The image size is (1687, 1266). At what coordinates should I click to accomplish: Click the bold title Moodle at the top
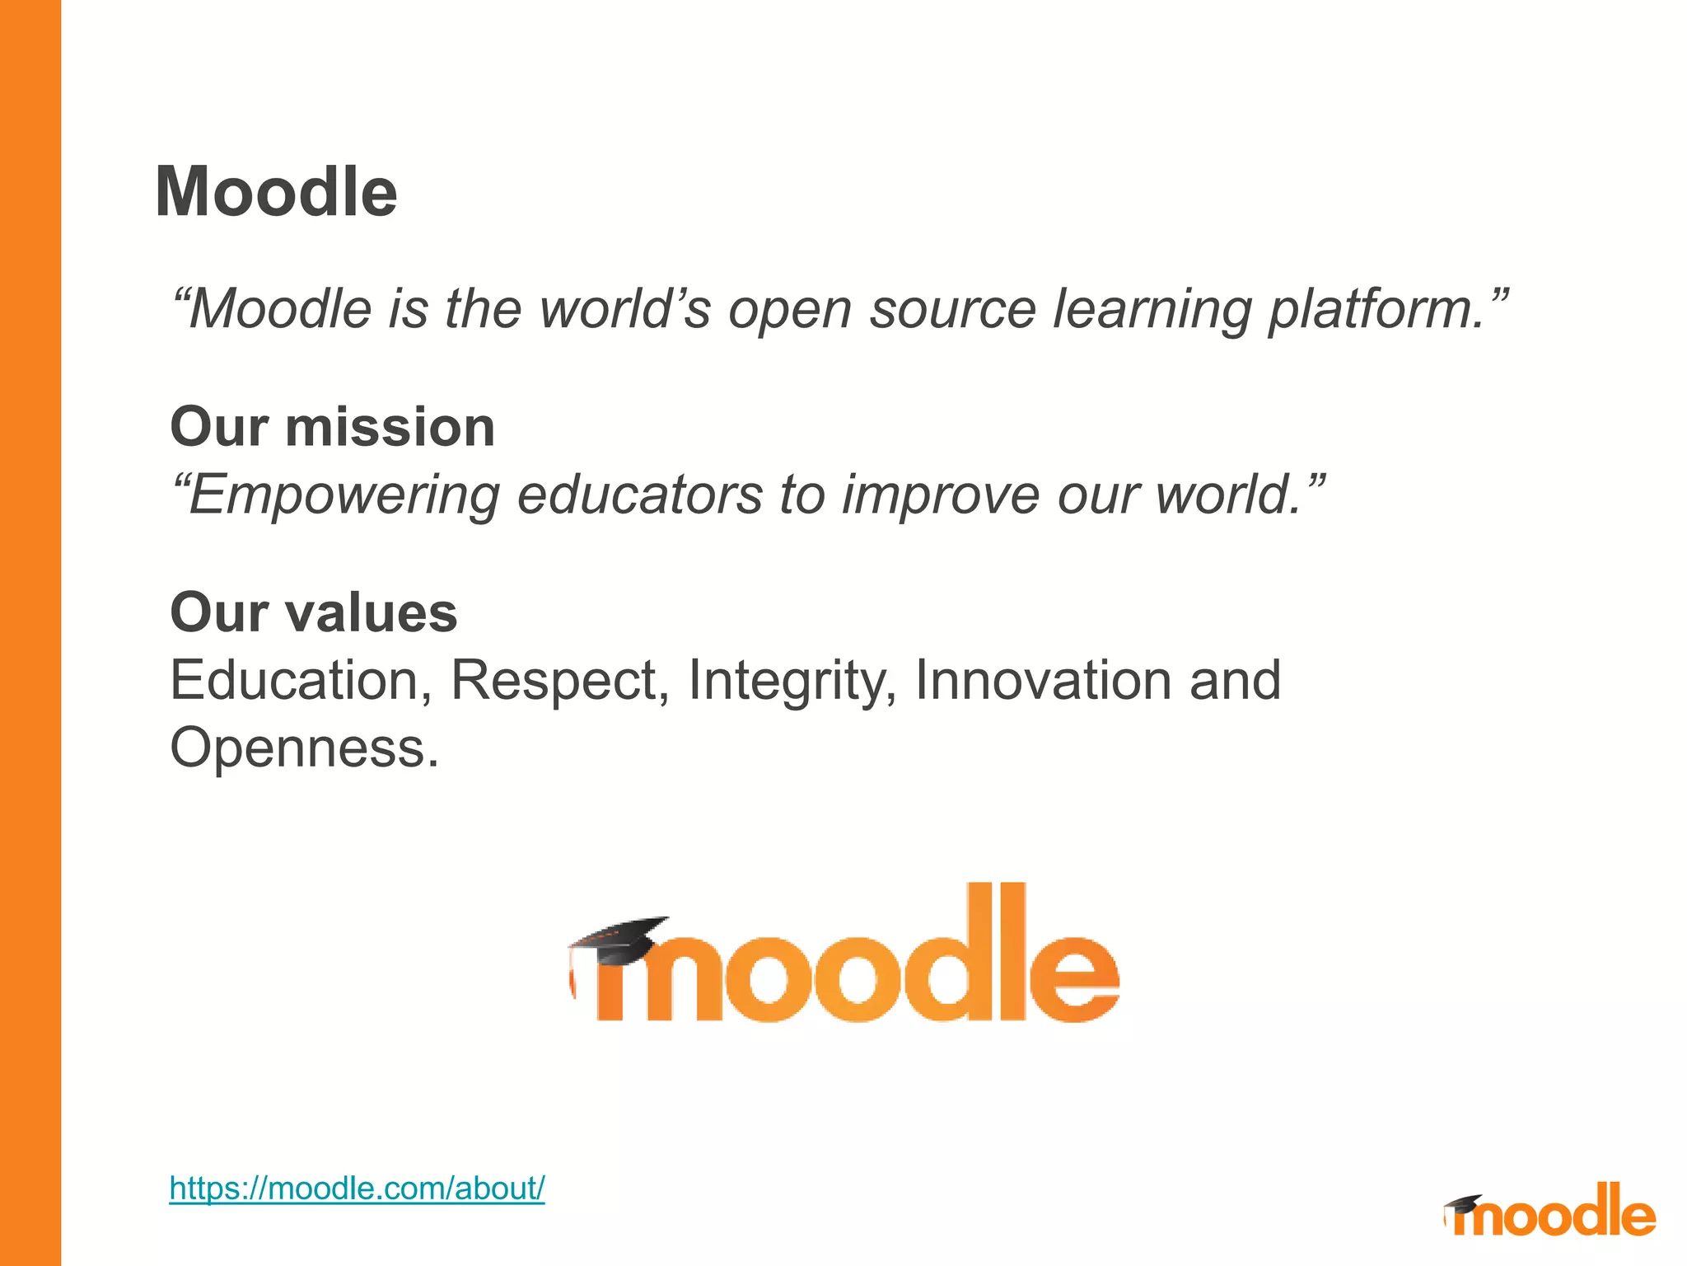click(x=276, y=192)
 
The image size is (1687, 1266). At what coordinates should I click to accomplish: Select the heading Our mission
click(x=332, y=427)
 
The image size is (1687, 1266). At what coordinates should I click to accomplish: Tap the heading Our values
click(x=313, y=612)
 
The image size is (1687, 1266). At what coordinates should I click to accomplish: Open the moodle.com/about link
click(x=357, y=1189)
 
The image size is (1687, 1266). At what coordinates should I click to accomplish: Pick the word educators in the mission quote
click(x=640, y=495)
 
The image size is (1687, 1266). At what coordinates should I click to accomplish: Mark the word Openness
click(x=303, y=748)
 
